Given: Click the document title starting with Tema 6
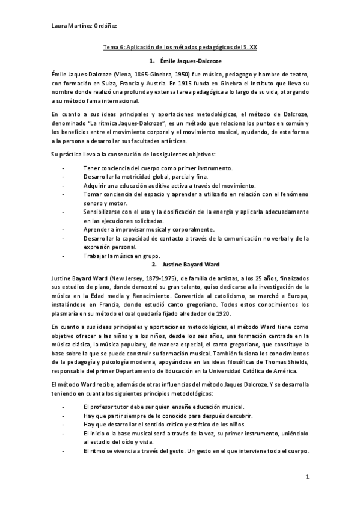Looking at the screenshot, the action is (x=181, y=46).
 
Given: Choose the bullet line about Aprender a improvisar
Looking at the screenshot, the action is (x=148, y=229).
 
